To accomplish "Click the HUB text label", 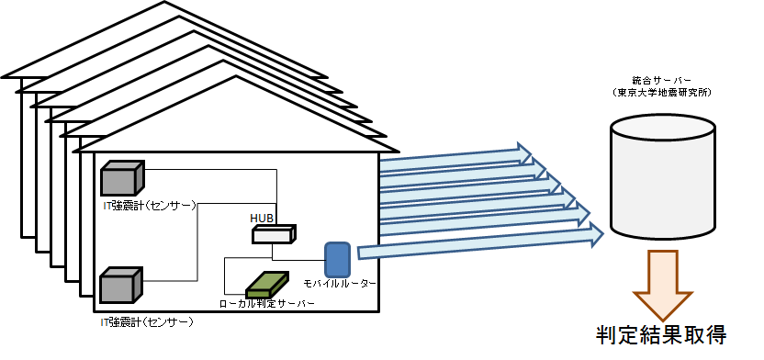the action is (x=262, y=217).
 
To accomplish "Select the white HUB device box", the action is (x=274, y=234).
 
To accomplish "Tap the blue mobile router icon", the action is (x=338, y=259).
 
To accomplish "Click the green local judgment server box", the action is (x=267, y=285).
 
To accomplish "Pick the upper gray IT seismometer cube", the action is (x=122, y=179).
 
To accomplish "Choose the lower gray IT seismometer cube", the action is (x=121, y=285).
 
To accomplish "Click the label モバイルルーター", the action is (x=340, y=284).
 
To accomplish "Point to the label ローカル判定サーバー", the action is (x=267, y=303).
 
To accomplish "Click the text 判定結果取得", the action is (x=662, y=335).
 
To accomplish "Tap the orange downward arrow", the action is (x=662, y=285).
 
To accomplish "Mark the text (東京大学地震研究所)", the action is (x=663, y=93).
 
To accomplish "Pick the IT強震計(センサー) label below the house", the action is (x=146, y=322).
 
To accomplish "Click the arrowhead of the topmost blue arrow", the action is (x=524, y=153).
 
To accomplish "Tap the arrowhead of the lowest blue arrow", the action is (x=596, y=234).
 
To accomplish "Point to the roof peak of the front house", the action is (x=236, y=76).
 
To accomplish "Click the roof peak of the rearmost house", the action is (x=164, y=2).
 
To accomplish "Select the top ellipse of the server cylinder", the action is (x=663, y=128).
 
